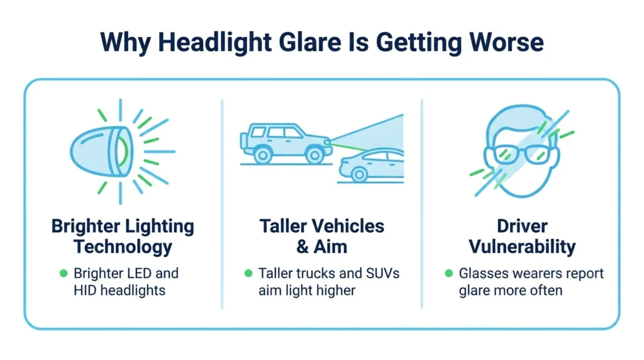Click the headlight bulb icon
coord(101,151)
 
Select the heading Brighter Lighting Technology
coord(123,236)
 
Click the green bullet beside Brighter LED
coord(64,273)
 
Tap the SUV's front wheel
coord(315,155)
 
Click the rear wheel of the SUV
coord(262,155)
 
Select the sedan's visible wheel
coord(359,174)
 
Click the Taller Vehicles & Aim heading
coord(322,236)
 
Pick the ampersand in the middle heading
coord(303,247)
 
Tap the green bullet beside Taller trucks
coord(248,273)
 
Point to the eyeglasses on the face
coord(522,155)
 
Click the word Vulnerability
coord(522,247)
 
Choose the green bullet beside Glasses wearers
coord(449,273)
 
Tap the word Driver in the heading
coord(522,226)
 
